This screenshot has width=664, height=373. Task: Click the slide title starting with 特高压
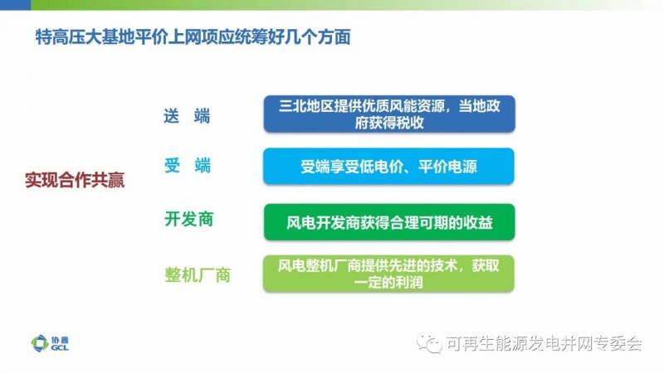pos(193,37)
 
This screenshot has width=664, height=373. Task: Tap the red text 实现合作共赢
pos(75,180)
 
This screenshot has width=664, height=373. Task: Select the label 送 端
pos(187,116)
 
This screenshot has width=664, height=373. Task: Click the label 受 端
pos(188,165)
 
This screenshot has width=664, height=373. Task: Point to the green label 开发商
pos(189,219)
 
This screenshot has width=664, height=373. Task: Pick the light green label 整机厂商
pos(198,275)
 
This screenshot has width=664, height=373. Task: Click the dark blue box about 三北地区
pos(389,114)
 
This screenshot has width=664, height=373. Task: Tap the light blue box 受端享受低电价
pos(388,167)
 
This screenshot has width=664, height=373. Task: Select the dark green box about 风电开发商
pos(389,222)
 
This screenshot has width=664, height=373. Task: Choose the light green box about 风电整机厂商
pos(388,274)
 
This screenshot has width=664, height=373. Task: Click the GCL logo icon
pos(40,343)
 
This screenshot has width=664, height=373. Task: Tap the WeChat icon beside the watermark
pos(429,343)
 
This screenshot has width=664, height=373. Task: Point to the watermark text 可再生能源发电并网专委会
pos(544,343)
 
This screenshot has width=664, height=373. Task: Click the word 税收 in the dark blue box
pos(407,123)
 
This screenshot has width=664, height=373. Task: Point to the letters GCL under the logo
pos(60,347)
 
